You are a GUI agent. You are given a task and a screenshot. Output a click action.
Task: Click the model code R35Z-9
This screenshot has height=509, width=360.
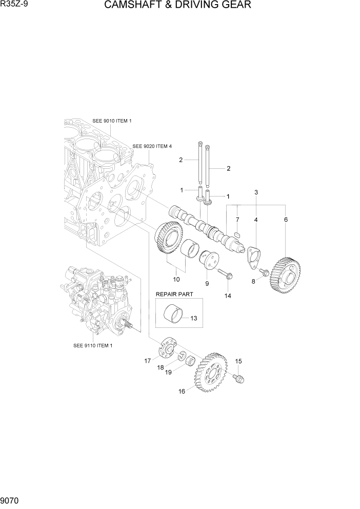[x=14, y=5]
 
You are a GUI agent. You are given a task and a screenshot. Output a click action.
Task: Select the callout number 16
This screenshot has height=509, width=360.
[x=182, y=391]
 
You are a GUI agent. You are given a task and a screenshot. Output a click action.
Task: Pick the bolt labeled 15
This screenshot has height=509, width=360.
[x=239, y=379]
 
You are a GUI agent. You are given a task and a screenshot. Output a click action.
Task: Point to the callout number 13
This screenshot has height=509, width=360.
[x=193, y=318]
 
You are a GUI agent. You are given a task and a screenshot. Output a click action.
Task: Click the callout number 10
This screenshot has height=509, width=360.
[x=176, y=279]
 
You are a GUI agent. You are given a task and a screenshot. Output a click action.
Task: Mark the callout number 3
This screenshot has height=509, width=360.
[x=255, y=192]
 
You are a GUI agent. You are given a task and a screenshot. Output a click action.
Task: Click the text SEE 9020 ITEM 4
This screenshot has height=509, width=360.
[x=152, y=146]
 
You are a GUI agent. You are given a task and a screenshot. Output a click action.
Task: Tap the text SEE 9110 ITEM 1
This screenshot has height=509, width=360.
[x=93, y=345]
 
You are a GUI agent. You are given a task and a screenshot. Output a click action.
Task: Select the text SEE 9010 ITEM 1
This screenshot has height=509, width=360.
[x=112, y=121]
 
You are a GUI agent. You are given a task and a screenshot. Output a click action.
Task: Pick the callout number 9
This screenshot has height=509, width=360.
[x=207, y=283]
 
